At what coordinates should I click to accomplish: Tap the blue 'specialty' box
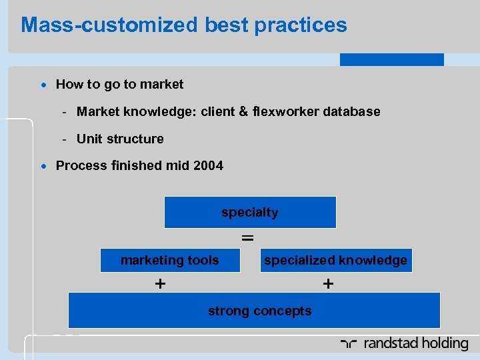[x=250, y=213]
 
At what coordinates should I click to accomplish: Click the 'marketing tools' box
[x=169, y=261]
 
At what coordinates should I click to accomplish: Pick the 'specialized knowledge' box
[x=335, y=261]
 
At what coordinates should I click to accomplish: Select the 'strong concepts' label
[x=259, y=311]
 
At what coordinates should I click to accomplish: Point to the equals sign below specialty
[x=247, y=237]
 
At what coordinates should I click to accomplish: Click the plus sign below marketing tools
[x=160, y=284]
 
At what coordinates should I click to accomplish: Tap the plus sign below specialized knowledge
[x=328, y=284]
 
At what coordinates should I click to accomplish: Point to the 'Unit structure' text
[x=120, y=139]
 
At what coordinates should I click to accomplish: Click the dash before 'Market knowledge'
[x=65, y=112]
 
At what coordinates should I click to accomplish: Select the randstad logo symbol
[x=349, y=344]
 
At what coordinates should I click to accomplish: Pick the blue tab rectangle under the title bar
[x=391, y=59]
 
